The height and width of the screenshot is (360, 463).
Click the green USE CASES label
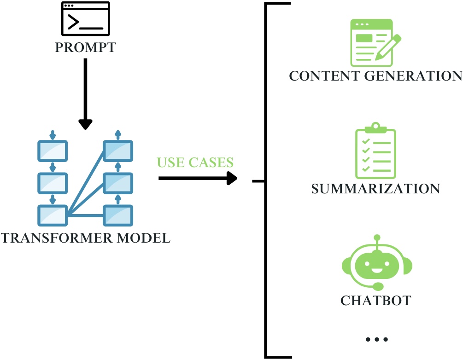(x=195, y=162)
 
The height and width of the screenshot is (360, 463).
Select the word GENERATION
(x=413, y=75)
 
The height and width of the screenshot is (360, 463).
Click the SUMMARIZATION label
(x=375, y=189)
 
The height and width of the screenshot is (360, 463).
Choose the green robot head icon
(x=377, y=264)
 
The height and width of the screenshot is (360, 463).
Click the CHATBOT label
(x=375, y=301)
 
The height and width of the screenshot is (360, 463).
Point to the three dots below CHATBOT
(x=377, y=340)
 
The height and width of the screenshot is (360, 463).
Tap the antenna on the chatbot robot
(x=377, y=240)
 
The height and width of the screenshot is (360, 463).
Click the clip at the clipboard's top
(x=375, y=126)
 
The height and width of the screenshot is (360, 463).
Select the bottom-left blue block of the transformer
(x=53, y=215)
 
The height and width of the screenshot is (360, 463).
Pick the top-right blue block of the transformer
(x=118, y=150)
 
